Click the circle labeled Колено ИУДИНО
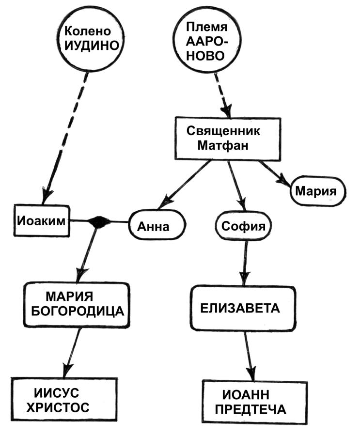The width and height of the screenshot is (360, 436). (92, 39)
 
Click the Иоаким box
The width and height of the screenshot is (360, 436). (41, 221)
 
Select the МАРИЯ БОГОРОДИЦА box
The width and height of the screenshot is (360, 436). (77, 304)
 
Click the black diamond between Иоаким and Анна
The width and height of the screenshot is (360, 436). (99, 222)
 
